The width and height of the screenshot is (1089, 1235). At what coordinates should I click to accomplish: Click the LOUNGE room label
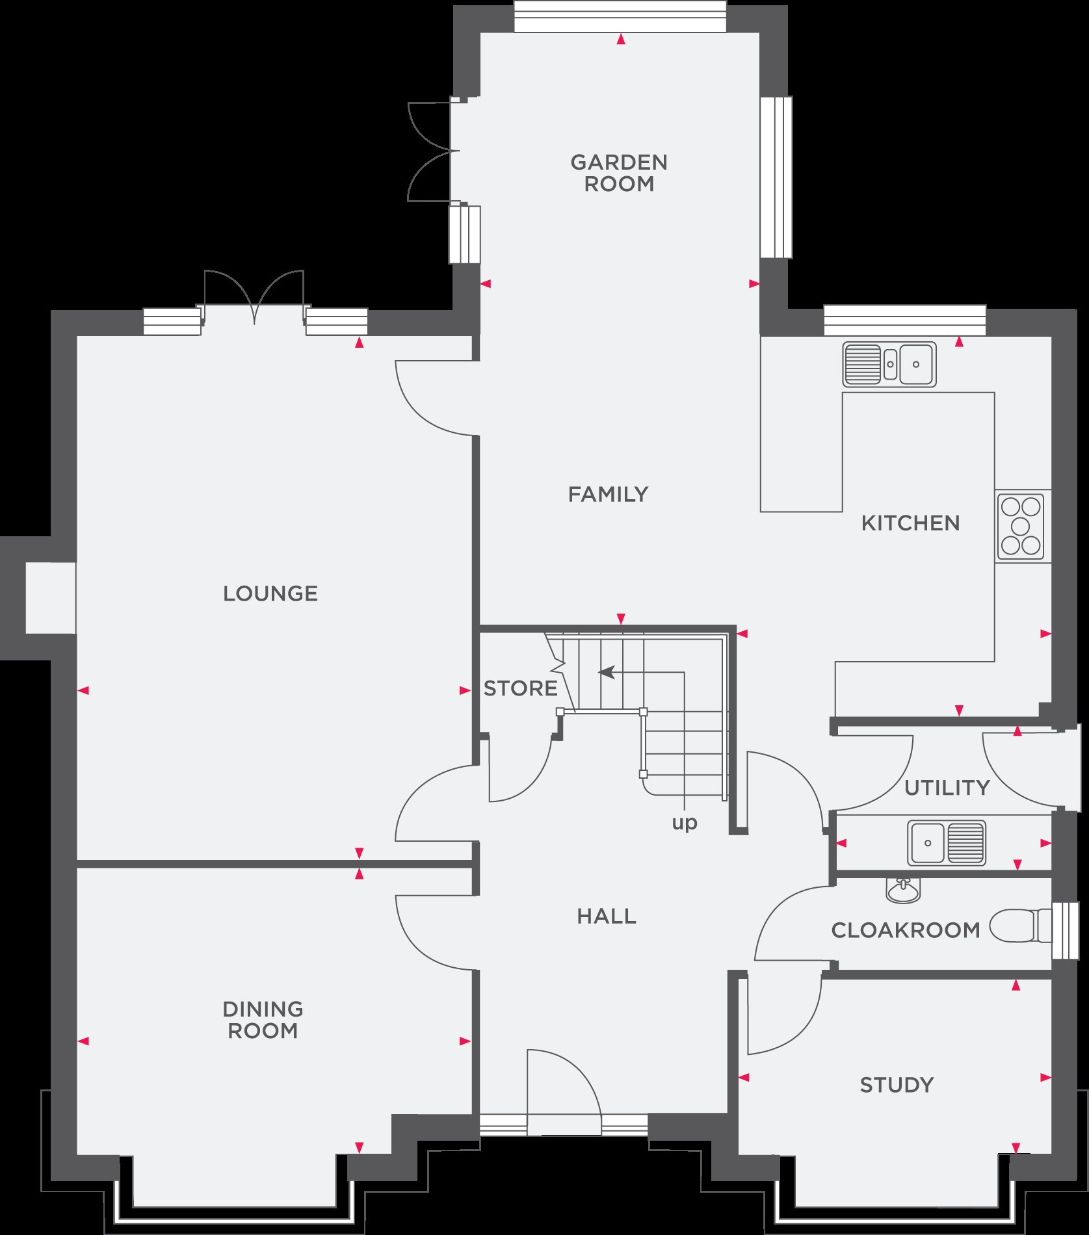[270, 593]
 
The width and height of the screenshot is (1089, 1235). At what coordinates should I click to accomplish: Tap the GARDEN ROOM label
[619, 173]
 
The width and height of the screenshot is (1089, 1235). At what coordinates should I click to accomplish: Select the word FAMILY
[609, 495]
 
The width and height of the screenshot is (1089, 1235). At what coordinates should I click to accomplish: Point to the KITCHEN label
[910, 523]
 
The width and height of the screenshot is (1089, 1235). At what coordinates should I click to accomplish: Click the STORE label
[520, 688]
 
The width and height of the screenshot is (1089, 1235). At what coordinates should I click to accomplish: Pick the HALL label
[607, 916]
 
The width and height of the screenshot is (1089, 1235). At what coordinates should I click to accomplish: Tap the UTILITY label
[947, 788]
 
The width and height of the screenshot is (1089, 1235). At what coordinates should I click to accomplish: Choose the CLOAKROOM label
[906, 930]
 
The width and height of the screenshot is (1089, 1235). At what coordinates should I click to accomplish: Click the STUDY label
[897, 1085]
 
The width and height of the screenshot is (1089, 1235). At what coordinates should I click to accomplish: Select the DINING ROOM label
[263, 1020]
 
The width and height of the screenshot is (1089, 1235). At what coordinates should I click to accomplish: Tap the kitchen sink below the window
[889, 364]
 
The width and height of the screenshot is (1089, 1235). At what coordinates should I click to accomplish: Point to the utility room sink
[947, 842]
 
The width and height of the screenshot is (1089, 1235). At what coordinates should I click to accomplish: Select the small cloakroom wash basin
[903, 890]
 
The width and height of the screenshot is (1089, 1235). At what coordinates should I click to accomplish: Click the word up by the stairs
[684, 824]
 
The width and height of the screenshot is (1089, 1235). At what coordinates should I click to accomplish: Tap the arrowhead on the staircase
[606, 672]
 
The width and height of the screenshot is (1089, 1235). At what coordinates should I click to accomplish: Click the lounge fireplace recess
[51, 598]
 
